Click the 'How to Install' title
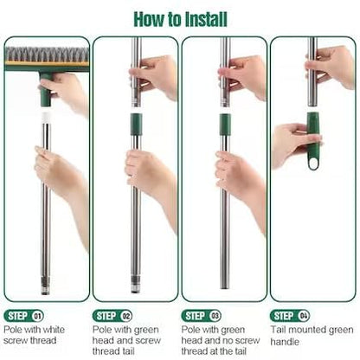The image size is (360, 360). pos(180,19)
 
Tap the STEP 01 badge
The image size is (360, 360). pos(23,316)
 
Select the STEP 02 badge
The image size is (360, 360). pos(112,316)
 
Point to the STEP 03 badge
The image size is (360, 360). pos(201,316)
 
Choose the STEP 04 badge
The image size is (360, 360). pos(290,316)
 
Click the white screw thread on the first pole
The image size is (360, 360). pos(46,117)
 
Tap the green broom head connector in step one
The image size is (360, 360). pos(46,89)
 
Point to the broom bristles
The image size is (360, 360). pos(47,55)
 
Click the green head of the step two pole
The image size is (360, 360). pos(136,125)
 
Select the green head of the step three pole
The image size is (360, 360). pos(225,125)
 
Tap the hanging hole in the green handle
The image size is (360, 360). pos(313,164)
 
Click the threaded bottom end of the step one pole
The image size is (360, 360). pos(46,285)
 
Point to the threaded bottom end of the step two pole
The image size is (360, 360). pos(136,285)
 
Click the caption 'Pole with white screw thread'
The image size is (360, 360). pos(34,335)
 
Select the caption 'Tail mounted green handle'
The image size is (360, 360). pos(312,336)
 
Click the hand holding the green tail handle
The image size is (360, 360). pos(294,145)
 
